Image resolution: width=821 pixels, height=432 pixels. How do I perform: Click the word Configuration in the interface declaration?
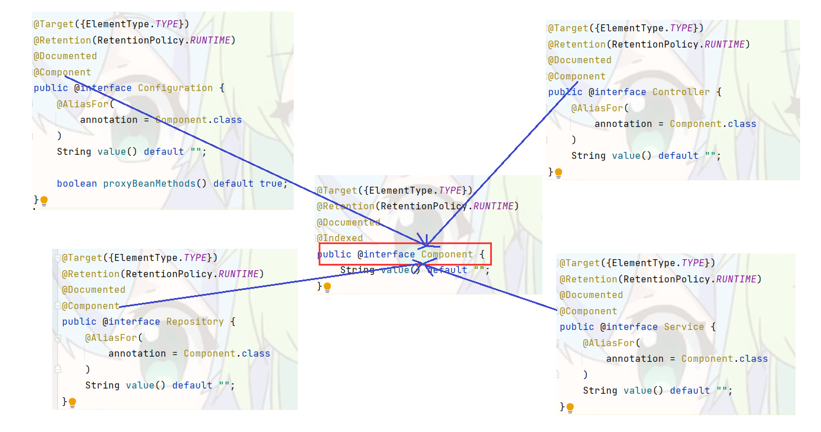175,88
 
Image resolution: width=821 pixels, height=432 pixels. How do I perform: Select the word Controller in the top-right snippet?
681,92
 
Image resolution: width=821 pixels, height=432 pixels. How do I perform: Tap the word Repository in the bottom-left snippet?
195,322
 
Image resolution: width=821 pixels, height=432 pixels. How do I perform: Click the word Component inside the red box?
447,255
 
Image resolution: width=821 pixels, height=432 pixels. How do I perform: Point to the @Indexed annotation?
340,238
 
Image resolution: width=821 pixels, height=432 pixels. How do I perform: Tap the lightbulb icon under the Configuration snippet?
44,201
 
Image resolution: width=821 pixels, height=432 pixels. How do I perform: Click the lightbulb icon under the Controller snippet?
559,173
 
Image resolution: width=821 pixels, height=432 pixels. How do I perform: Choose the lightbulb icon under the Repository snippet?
72,402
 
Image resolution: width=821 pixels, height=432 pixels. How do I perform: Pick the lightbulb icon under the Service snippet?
570,408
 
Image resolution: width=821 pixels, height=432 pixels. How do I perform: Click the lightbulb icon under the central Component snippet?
327,286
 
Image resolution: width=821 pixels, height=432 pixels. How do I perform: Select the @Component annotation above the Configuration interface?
62,72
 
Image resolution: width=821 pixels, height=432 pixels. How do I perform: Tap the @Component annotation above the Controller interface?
576,77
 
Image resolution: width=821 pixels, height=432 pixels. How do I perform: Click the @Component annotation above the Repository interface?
90,306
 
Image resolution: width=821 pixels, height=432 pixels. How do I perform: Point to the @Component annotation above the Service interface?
588,311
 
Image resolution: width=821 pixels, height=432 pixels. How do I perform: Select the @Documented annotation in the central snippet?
348,223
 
